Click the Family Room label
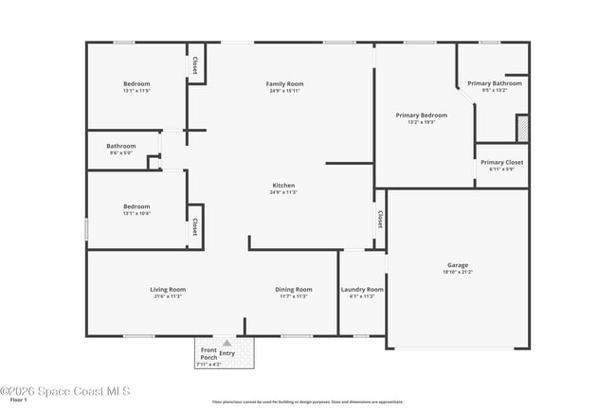click(x=283, y=84)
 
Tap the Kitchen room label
click(x=283, y=185)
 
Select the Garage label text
click(x=458, y=264)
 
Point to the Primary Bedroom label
click(x=421, y=115)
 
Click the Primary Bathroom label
click(x=494, y=83)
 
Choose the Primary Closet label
click(x=501, y=162)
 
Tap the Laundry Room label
click(x=362, y=289)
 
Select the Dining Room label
click(x=293, y=289)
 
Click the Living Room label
click(x=167, y=289)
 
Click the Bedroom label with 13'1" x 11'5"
click(x=136, y=83)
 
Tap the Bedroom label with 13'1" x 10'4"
click(x=136, y=205)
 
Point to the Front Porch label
click(x=208, y=353)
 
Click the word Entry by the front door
click(x=226, y=352)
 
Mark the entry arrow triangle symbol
click(x=226, y=343)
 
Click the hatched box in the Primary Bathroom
click(x=521, y=127)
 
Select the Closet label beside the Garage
click(x=380, y=219)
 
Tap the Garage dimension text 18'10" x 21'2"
click(x=458, y=272)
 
